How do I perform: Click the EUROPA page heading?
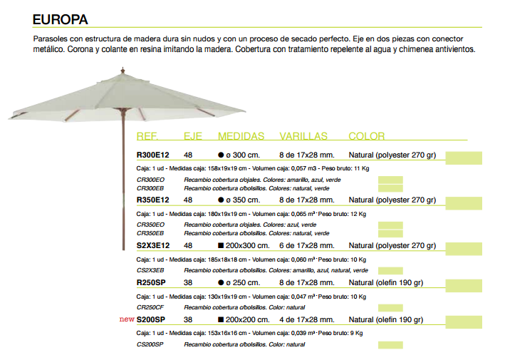61,19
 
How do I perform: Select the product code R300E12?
152,156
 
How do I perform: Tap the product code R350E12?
152,200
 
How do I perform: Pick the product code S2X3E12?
152,245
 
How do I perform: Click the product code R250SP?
150,282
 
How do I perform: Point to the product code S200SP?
150,319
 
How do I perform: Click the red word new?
127,319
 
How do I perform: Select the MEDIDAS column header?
241,136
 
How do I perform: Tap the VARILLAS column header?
303,136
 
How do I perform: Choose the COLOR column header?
367,136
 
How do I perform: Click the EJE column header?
193,136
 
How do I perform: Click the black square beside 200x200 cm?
221,319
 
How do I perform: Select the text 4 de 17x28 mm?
307,319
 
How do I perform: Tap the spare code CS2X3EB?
150,271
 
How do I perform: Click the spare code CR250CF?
150,307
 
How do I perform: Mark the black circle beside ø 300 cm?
221,156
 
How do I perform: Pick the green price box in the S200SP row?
464,319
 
